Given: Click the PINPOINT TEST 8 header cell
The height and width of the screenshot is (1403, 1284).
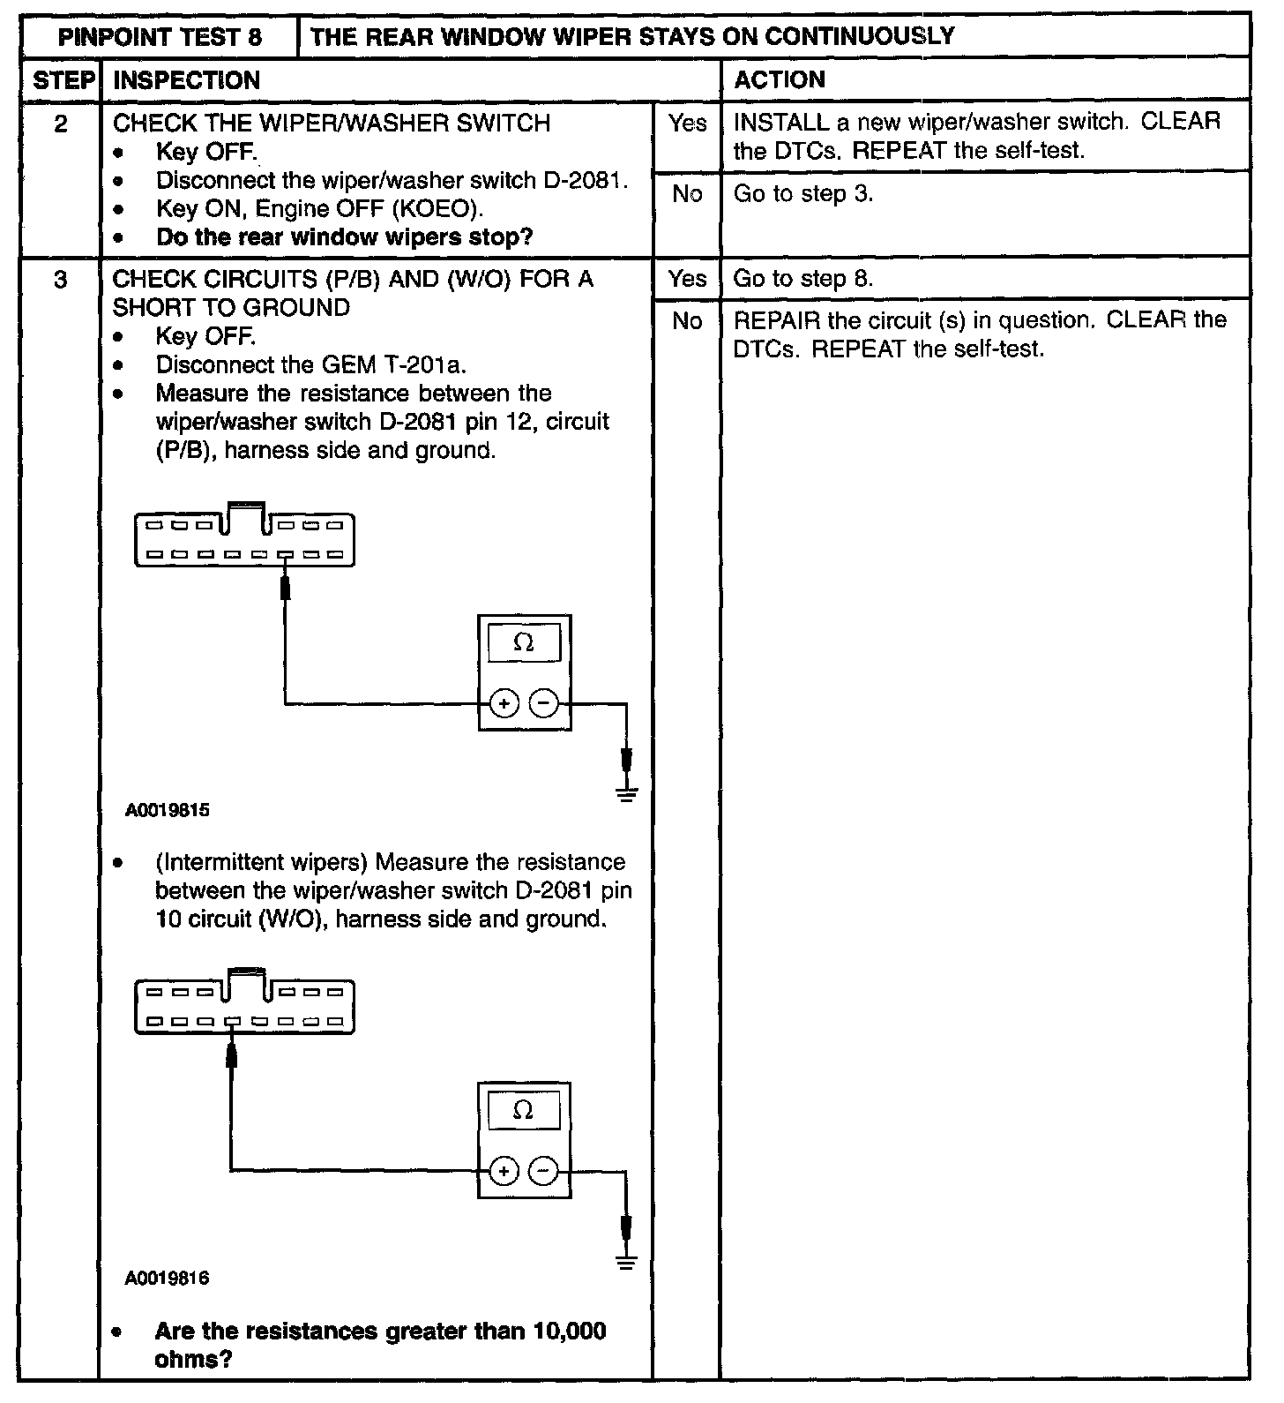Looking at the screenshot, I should [160, 37].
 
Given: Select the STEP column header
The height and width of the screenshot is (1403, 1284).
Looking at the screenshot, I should [62, 80].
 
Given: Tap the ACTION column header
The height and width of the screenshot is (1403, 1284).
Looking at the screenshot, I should [780, 80].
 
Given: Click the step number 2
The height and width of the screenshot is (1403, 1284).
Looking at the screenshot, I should [61, 124].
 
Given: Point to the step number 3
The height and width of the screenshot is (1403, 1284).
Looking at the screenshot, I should [61, 280].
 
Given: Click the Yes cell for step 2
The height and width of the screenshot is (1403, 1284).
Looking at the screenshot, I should [687, 124].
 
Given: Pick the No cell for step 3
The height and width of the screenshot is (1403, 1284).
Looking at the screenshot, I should [687, 321].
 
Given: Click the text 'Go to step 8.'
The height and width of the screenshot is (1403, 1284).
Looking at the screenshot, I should [803, 279].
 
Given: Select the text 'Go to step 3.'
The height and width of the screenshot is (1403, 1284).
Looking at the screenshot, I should [803, 194].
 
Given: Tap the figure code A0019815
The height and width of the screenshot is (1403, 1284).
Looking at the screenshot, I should [168, 810].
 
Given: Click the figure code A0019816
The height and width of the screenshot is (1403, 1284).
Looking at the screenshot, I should [168, 1278].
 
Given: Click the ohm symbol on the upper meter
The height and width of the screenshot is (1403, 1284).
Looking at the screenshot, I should [523, 643].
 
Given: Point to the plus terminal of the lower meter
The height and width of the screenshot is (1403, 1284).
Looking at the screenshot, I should [504, 1172].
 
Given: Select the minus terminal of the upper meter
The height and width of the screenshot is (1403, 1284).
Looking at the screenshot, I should [545, 703].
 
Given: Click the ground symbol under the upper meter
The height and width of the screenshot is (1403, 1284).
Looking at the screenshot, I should [626, 793].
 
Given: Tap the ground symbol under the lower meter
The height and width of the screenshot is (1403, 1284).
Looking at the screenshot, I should [626, 1261].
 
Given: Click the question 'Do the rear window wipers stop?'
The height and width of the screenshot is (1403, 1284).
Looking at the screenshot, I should [345, 237].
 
